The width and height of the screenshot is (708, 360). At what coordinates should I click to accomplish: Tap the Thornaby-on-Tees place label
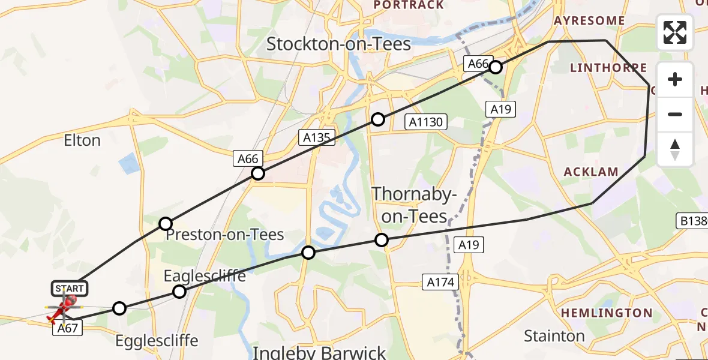click(415, 205)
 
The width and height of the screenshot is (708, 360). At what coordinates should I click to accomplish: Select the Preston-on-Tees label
click(225, 234)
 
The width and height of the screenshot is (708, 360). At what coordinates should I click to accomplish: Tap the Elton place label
click(82, 140)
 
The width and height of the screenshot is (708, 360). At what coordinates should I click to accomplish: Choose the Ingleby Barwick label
click(319, 352)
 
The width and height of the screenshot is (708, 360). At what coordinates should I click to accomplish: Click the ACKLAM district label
click(591, 172)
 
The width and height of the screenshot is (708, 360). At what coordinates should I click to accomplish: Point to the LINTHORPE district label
click(608, 68)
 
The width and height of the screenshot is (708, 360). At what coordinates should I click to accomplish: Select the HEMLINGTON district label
click(607, 313)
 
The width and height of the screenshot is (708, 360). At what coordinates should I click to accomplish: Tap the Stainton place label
click(554, 335)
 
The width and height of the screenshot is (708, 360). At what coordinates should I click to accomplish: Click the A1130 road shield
click(425, 122)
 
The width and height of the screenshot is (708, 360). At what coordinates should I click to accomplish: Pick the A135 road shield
click(317, 137)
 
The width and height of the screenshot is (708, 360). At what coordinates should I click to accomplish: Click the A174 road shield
click(441, 281)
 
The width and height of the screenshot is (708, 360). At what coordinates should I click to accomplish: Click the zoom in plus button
click(675, 79)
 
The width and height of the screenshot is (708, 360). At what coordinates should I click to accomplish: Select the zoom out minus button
click(675, 114)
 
